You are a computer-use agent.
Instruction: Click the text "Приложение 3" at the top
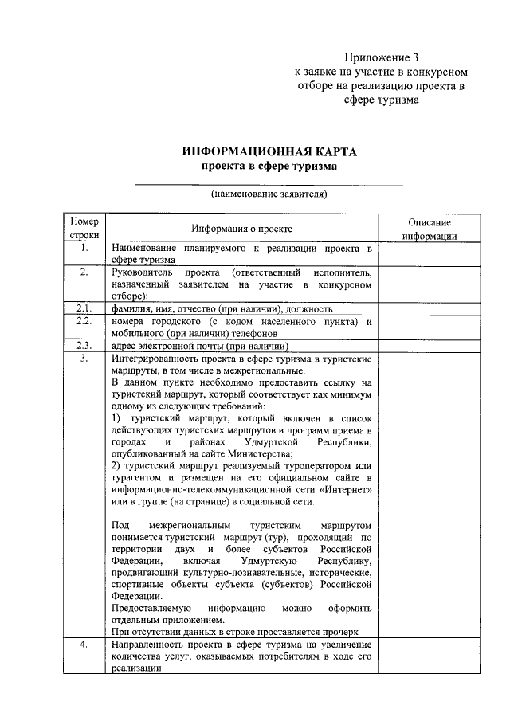click(x=381, y=57)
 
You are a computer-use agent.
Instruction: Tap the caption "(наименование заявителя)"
click(x=269, y=194)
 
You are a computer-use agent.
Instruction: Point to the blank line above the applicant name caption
click(x=269, y=185)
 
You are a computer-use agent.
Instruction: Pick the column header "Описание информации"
click(x=429, y=229)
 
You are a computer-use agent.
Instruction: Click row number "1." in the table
click(x=84, y=249)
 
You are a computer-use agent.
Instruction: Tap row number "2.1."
click(x=84, y=308)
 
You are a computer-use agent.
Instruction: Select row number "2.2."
click(x=84, y=321)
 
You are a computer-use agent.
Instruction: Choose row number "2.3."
click(x=84, y=346)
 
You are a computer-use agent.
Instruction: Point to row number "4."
click(x=84, y=644)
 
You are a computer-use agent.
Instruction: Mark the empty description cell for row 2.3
click(x=429, y=346)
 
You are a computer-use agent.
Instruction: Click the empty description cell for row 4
click(x=429, y=656)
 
